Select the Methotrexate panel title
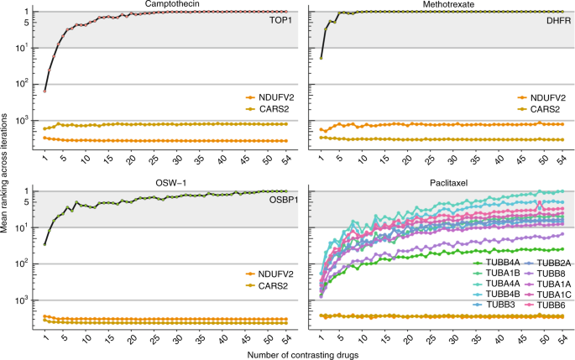pos(436,5)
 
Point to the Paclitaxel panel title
pos(436,185)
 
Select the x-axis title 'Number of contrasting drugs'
pos(304,354)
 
